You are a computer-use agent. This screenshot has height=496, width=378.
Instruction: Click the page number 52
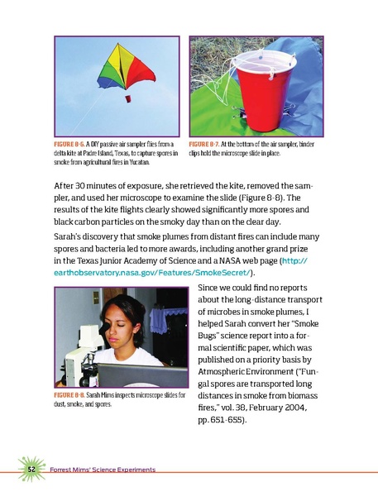click(28, 470)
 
